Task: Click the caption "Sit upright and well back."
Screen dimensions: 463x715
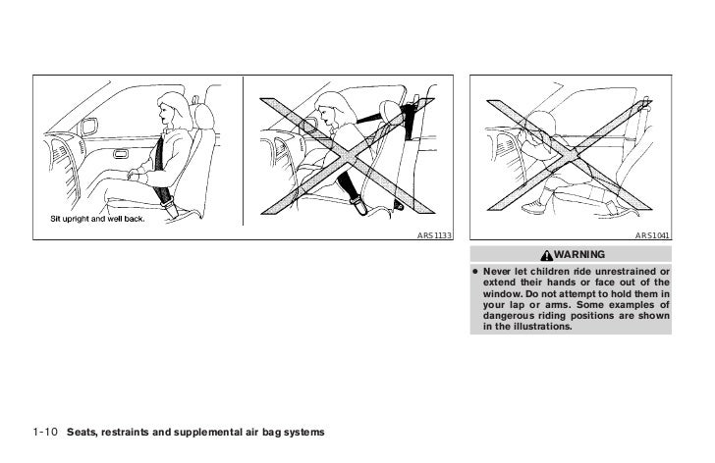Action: (x=97, y=218)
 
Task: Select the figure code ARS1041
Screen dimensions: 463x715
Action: (x=652, y=235)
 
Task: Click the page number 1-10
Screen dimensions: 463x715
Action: (x=44, y=432)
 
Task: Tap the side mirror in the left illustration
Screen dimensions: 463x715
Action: (x=88, y=127)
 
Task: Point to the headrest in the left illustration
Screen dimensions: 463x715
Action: (x=208, y=111)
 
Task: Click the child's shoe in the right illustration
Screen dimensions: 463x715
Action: (x=534, y=207)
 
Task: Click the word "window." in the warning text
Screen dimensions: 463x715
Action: (x=500, y=293)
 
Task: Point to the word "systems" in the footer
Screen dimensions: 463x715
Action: (x=302, y=432)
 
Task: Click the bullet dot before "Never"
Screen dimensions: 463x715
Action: (x=474, y=271)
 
